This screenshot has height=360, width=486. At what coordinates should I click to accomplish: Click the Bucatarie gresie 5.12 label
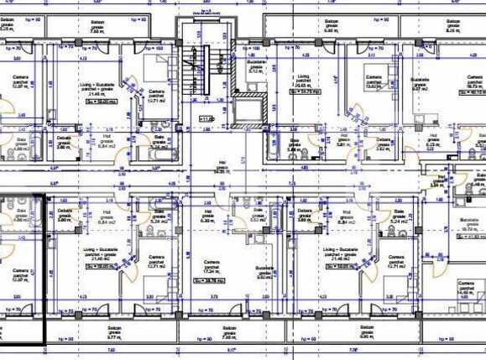[257, 68]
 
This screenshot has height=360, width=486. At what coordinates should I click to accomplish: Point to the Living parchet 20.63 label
[300, 81]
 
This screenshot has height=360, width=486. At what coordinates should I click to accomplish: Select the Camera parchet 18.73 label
[475, 82]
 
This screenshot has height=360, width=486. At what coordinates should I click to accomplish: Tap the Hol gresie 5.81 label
[342, 140]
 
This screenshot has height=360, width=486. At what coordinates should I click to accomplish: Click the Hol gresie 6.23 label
[433, 140]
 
